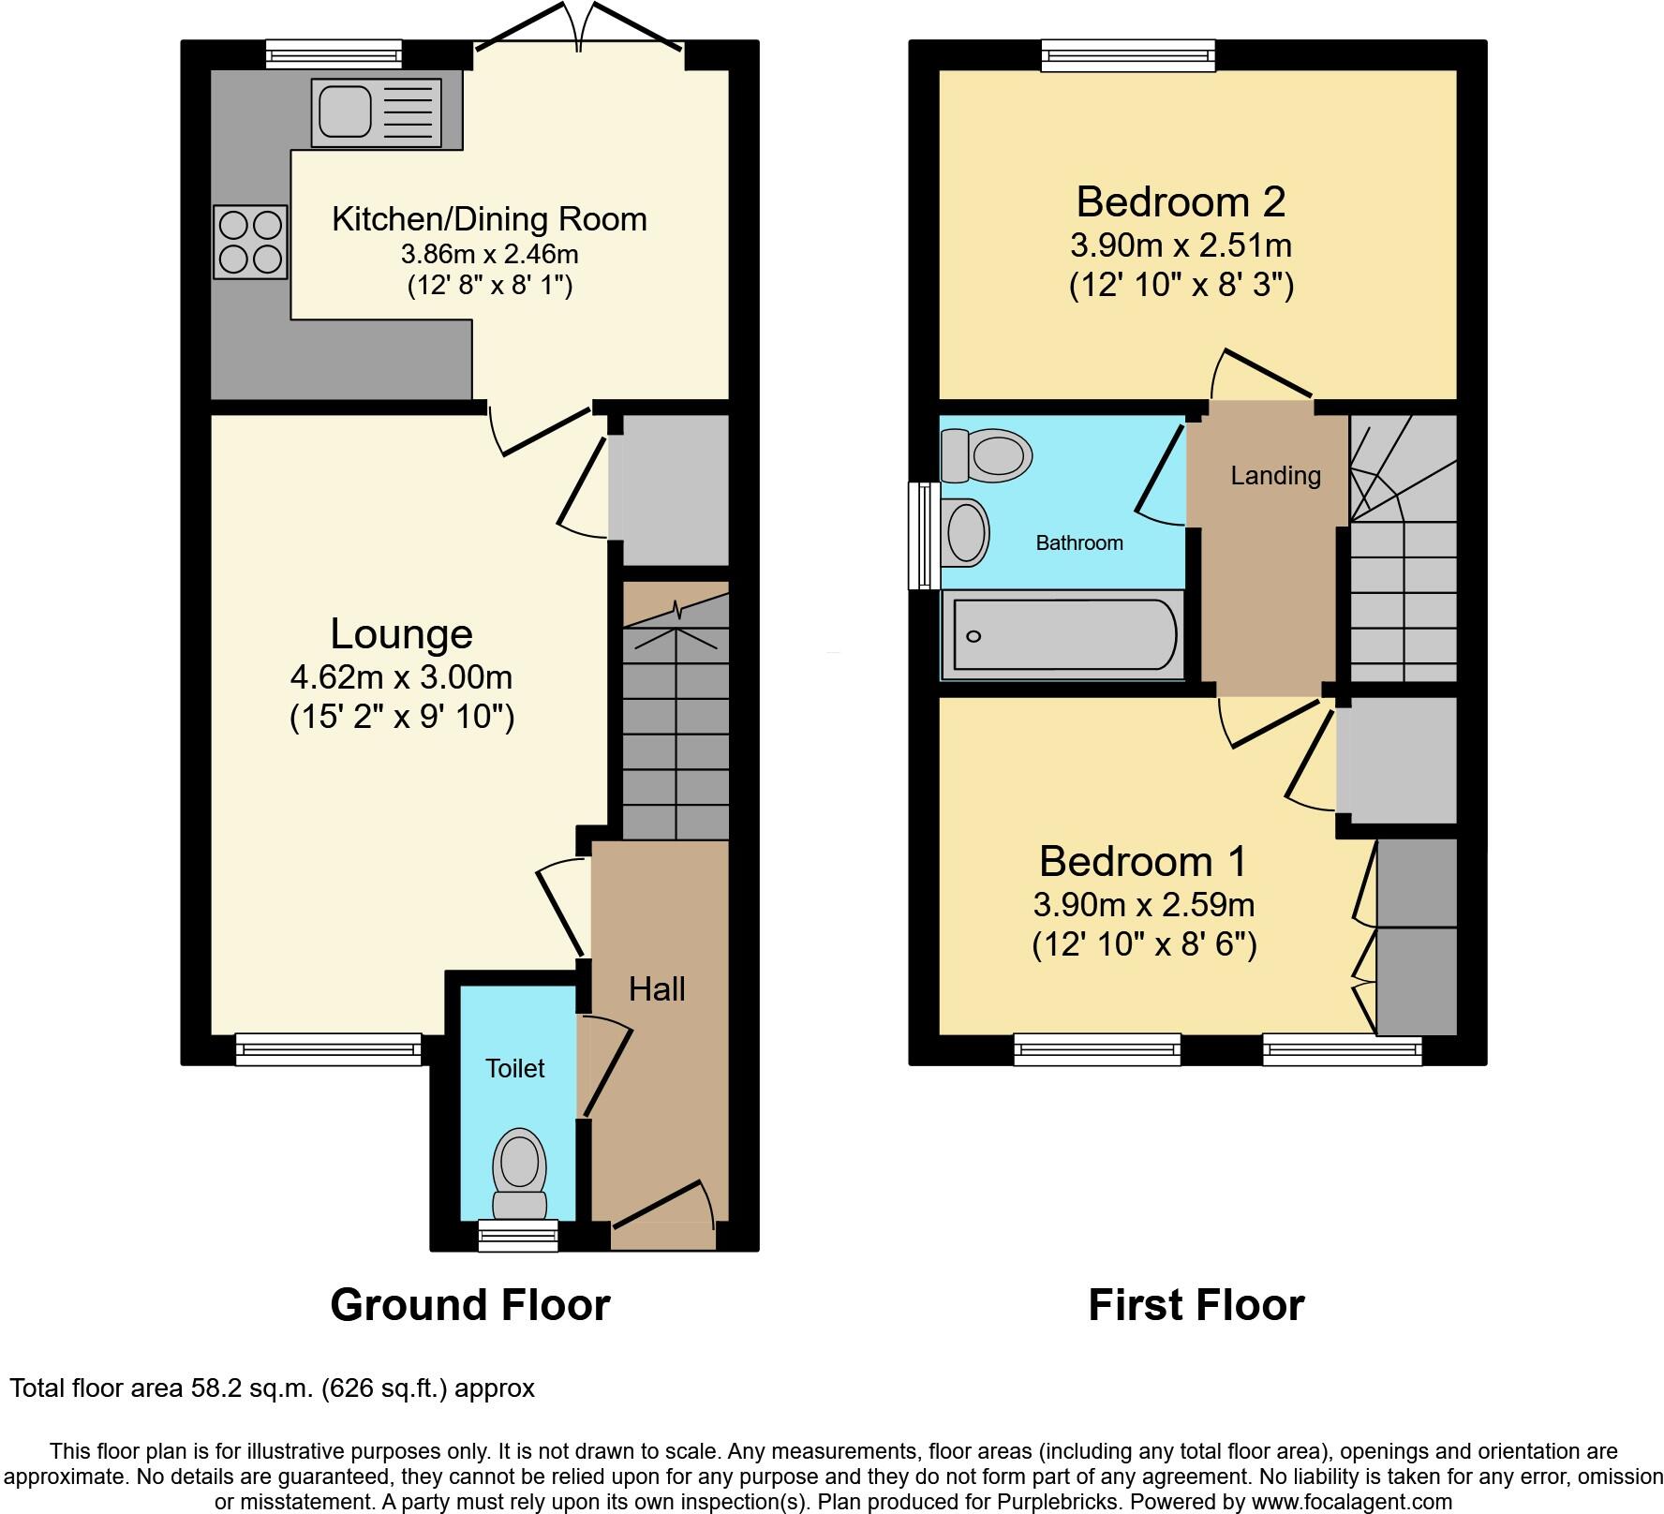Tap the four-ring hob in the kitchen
click(x=250, y=242)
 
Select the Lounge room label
click(x=401, y=634)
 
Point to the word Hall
click(x=657, y=989)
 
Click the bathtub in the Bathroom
click(x=1063, y=635)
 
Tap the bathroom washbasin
click(x=967, y=532)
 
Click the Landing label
click(x=1275, y=476)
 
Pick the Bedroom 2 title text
click(x=1181, y=201)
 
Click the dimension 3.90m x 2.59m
click(x=1143, y=905)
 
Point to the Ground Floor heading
click(x=469, y=1305)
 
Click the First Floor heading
click(x=1196, y=1305)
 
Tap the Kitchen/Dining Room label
click(x=489, y=219)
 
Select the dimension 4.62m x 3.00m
click(x=401, y=676)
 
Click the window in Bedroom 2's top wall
click(x=1128, y=55)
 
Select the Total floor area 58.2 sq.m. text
click(x=272, y=1388)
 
